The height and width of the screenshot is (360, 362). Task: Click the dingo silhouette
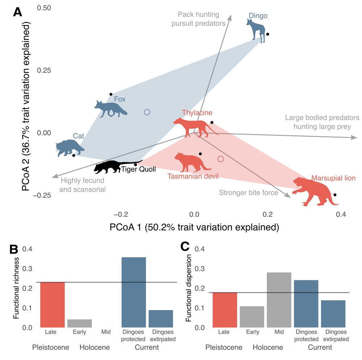pyautogui.click(x=256, y=29)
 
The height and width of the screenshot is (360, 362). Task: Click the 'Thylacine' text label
pyautogui.click(x=197, y=113)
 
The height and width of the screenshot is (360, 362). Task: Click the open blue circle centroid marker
pyautogui.click(x=147, y=112)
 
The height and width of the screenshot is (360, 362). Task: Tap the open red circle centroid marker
pyautogui.click(x=221, y=159)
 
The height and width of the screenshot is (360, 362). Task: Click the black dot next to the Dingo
pyautogui.click(x=268, y=34)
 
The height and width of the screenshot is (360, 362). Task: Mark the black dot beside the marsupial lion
pyautogui.click(x=335, y=195)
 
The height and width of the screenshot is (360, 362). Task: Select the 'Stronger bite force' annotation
pyautogui.click(x=248, y=193)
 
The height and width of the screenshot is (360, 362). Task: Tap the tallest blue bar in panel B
pyautogui.click(x=134, y=292)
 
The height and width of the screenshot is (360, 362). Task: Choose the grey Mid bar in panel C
pyautogui.click(x=279, y=300)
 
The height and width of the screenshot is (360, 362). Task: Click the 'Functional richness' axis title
pyautogui.click(x=16, y=288)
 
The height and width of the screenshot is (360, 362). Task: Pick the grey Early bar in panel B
pyautogui.click(x=80, y=323)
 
